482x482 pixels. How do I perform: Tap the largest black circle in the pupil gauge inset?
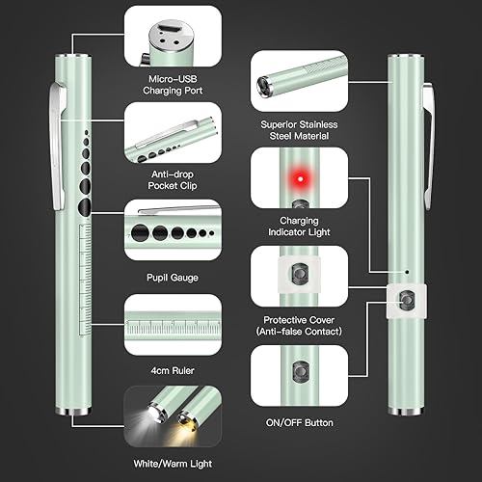point(141,231)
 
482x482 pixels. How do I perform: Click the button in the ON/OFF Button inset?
point(300,371)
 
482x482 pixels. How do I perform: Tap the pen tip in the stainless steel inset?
point(263,86)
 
